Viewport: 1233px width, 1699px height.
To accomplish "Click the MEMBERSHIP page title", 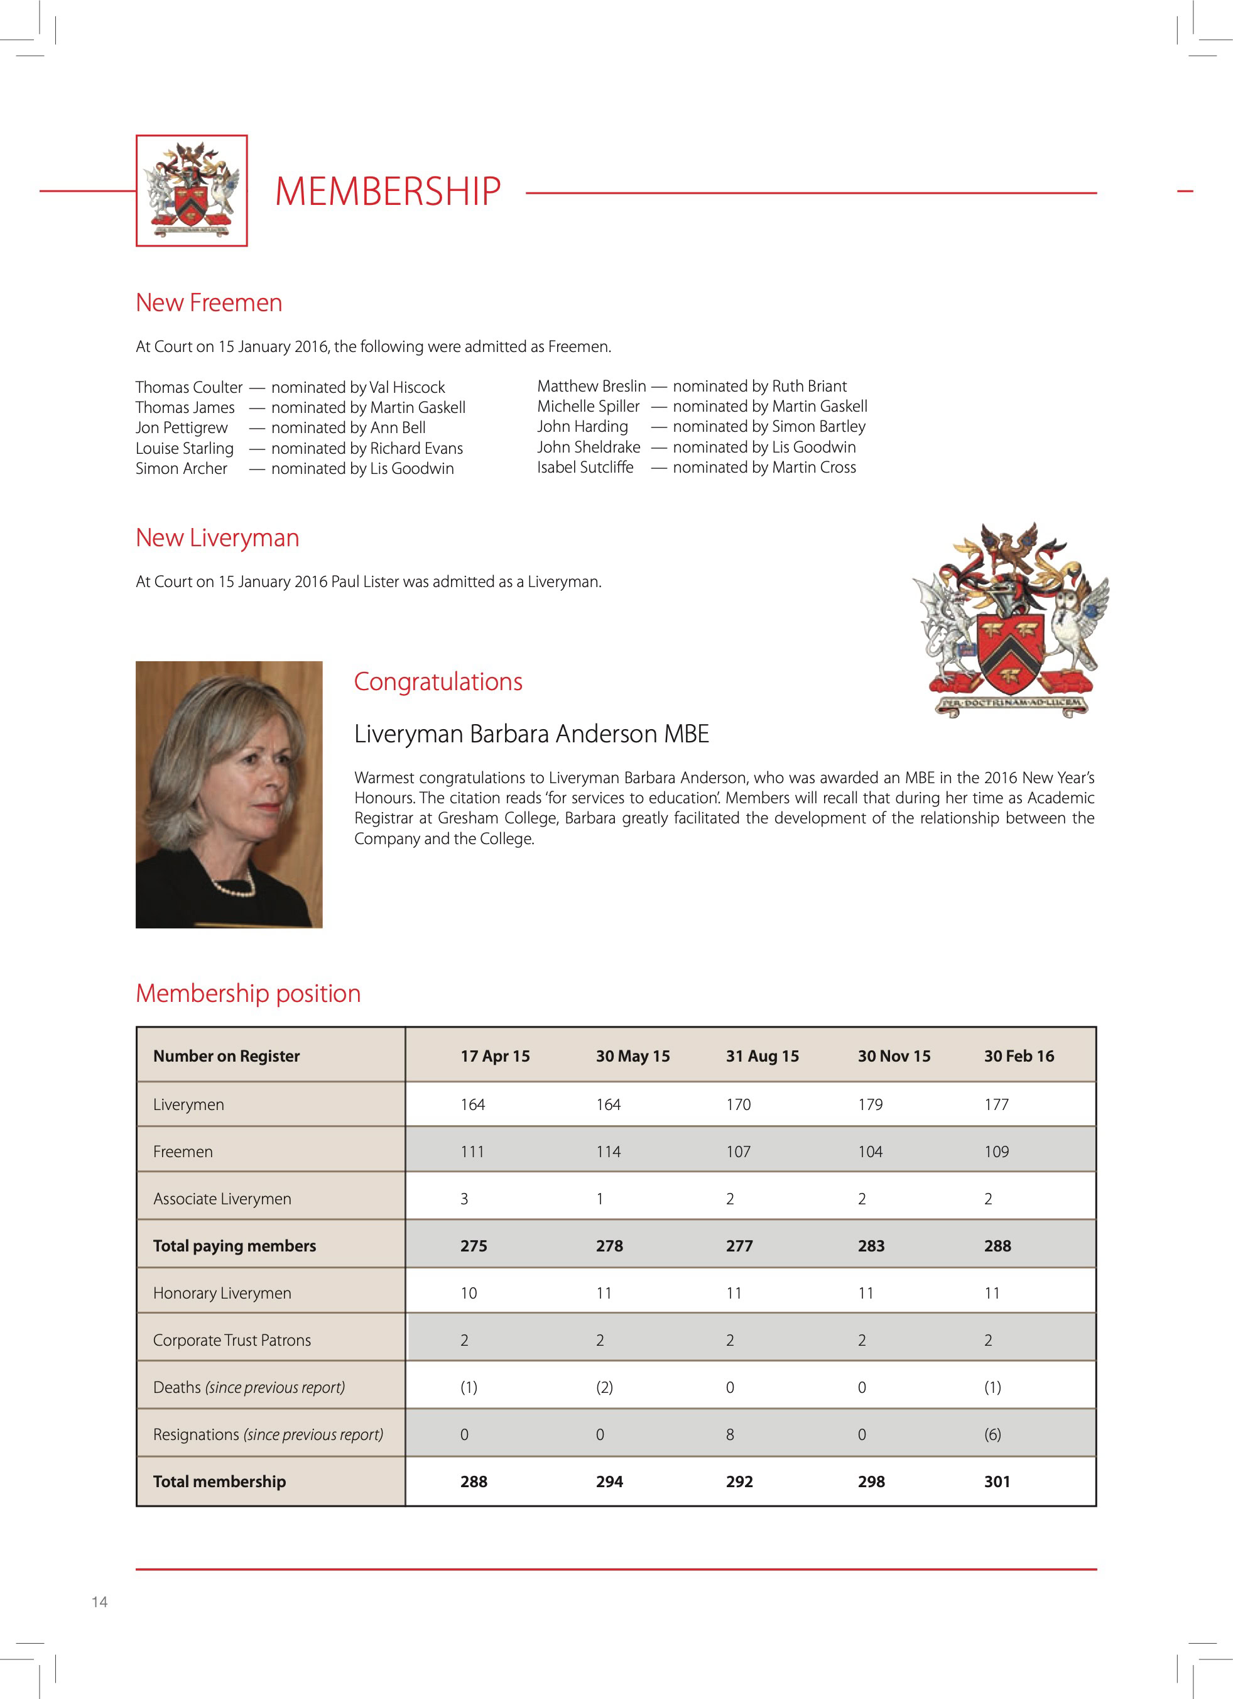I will (x=388, y=191).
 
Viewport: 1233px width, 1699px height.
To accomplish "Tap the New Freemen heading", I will (x=209, y=302).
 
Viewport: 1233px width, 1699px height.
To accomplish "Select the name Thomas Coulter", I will (x=188, y=387).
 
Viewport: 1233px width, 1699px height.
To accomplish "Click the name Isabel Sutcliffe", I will (x=585, y=468).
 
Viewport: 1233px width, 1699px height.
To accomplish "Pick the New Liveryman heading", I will (x=217, y=538).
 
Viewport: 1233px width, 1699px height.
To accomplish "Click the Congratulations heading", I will (x=438, y=682).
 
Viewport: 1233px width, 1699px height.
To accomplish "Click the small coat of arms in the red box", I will (x=192, y=190).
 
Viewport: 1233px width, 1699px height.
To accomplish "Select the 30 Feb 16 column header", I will (x=1018, y=1056).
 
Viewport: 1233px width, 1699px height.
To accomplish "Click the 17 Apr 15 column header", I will (x=495, y=1056).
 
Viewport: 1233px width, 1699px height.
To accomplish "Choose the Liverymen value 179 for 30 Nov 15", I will (x=870, y=1104).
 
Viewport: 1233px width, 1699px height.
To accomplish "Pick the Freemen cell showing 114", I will (x=608, y=1152).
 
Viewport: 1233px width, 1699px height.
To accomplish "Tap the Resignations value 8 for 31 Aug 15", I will (x=730, y=1434).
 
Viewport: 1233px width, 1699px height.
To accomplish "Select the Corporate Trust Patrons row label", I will (x=231, y=1340).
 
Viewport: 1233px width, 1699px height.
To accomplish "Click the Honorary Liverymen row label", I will (x=222, y=1293).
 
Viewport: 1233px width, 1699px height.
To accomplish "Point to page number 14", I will (x=100, y=1602).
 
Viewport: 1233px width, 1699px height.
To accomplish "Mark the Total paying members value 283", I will (x=871, y=1246).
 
